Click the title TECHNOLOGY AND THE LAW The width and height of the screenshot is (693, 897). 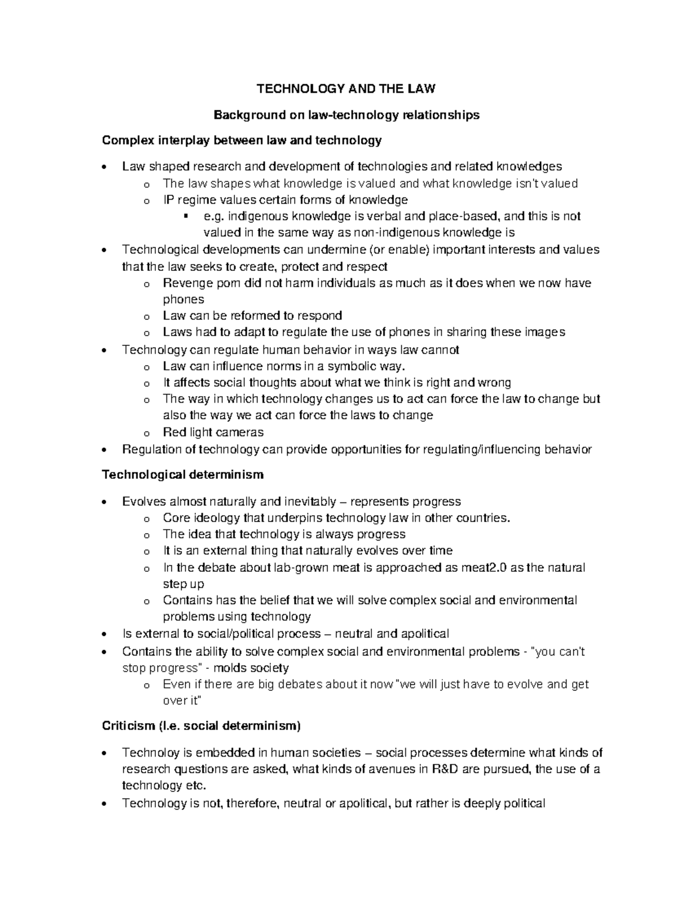pos(346,89)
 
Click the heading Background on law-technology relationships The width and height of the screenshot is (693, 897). pos(346,115)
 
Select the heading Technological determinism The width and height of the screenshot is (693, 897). pos(182,475)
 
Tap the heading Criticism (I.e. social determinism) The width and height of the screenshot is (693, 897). pos(201,725)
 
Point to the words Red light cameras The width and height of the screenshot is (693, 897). pos(213,432)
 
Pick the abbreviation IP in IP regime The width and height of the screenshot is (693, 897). pos(169,200)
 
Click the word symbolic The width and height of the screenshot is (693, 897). pos(351,366)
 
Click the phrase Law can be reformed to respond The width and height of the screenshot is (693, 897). pos(252,315)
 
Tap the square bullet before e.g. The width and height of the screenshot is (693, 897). pos(185,216)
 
